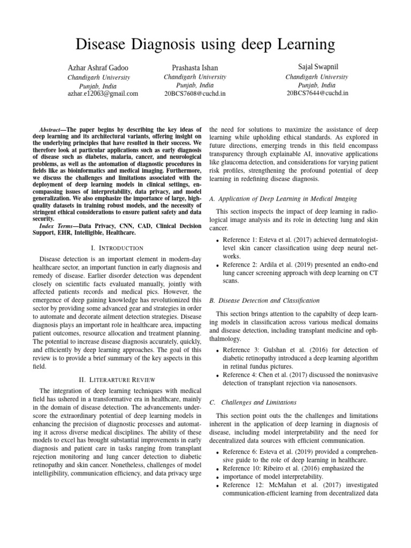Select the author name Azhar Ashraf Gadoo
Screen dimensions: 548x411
click(98, 68)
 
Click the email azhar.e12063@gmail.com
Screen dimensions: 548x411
click(102, 93)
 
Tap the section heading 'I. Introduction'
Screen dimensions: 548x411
click(117, 248)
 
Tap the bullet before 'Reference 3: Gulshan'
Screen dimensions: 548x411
click(217, 350)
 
